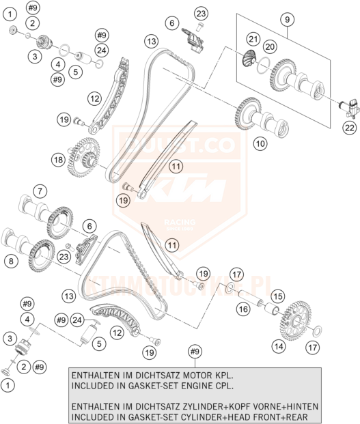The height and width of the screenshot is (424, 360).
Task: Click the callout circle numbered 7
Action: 40,191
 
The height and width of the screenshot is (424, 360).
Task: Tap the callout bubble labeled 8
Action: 11,261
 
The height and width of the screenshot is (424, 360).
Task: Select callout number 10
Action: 260,143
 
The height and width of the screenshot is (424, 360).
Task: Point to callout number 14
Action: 279,346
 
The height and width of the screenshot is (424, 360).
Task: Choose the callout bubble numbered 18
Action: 59,160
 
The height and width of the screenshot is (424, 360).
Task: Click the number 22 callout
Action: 350,128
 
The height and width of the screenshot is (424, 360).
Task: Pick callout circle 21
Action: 253,40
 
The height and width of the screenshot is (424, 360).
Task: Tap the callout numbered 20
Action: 270,47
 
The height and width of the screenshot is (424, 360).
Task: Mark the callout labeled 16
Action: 243,309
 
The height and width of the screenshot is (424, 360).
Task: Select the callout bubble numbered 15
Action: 278,296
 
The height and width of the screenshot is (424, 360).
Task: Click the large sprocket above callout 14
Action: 295,320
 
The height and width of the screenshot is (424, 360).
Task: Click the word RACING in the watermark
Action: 180,223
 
